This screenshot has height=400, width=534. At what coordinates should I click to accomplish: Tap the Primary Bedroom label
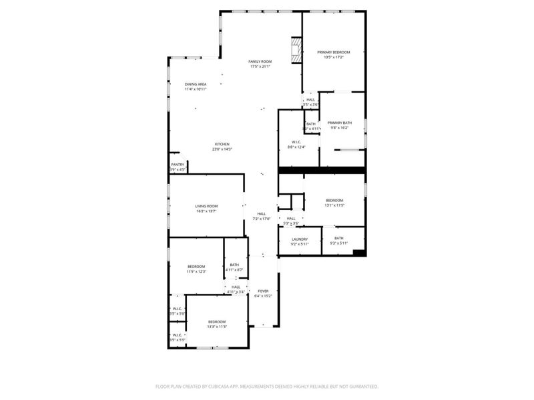(333, 52)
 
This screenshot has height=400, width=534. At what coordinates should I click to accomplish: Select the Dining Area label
(196, 84)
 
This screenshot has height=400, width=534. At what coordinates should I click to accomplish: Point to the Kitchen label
(222, 144)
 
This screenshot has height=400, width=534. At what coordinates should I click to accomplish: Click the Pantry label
(178, 165)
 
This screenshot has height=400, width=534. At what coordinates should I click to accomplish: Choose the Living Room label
(206, 206)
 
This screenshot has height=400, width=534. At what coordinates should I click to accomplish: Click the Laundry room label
(300, 239)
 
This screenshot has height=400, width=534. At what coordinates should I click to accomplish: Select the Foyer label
(263, 291)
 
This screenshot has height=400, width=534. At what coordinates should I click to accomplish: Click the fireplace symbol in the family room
(296, 49)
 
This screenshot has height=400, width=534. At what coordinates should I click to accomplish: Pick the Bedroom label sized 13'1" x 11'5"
(334, 200)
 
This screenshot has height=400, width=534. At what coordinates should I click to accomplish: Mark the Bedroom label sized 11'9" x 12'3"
(196, 266)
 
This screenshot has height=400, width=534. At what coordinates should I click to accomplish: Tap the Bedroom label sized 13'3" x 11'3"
(216, 321)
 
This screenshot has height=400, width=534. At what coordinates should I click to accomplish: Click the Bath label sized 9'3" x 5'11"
(339, 238)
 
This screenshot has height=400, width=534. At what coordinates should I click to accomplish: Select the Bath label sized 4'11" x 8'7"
(234, 265)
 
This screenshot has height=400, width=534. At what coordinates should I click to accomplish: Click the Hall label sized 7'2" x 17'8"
(261, 213)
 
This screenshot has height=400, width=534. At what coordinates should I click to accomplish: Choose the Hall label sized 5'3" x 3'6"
(291, 218)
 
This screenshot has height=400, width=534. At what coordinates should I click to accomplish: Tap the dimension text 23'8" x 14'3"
(222, 149)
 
